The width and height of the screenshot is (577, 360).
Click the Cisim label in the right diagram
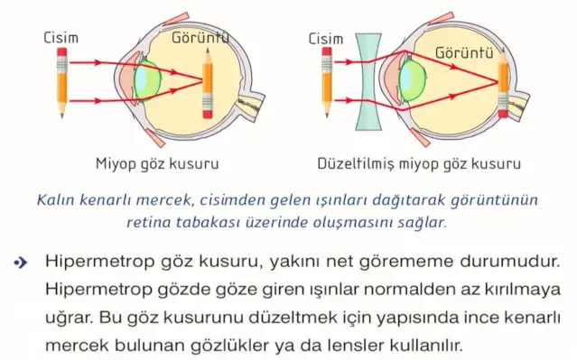click(x=327, y=38)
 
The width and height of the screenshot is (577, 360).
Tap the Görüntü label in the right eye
click(x=464, y=52)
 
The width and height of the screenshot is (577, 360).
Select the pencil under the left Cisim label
click(x=61, y=84)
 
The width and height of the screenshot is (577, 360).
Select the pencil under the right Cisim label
click(x=327, y=84)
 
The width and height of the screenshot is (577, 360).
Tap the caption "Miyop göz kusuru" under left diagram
click(x=157, y=164)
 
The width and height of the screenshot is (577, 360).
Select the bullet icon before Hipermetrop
click(x=19, y=263)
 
